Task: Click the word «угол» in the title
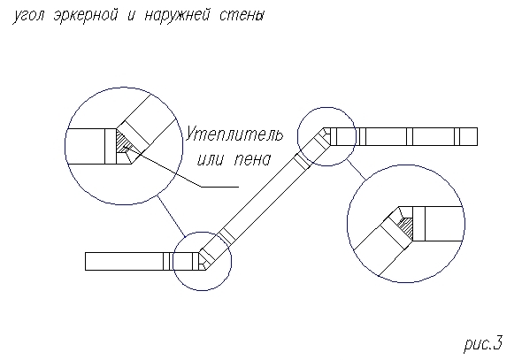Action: [x=28, y=16]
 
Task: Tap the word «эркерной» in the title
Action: [x=85, y=16]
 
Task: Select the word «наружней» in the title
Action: [x=177, y=16]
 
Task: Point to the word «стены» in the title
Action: [x=242, y=16]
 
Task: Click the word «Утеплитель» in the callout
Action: [x=234, y=134]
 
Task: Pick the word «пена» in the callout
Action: [x=252, y=160]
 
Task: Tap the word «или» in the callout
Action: [x=210, y=160]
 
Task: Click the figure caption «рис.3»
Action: [x=483, y=343]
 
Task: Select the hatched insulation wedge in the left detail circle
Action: [x=121, y=142]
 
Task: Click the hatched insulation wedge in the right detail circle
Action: [x=406, y=227]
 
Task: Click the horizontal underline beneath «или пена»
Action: [x=219, y=187]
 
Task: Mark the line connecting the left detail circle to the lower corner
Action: [x=171, y=217]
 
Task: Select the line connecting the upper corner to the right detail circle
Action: [x=357, y=170]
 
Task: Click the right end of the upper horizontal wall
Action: [x=477, y=137]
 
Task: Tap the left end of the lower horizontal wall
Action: [x=86, y=261]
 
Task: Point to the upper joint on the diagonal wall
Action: [x=303, y=161]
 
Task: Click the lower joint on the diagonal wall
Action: [x=226, y=236]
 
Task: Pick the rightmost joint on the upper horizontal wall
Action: [x=457, y=137]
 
